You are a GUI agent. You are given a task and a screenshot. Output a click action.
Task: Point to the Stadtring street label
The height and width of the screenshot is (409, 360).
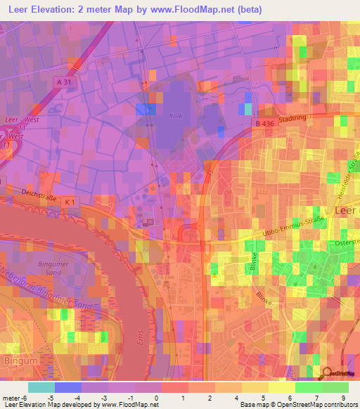[x=294, y=119]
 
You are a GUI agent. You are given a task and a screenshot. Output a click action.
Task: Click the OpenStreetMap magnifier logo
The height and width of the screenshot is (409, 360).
[x=326, y=374]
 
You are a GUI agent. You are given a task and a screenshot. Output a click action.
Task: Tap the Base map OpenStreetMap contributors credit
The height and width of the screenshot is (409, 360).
[x=297, y=405]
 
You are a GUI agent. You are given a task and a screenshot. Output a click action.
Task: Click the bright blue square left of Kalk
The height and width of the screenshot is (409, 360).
[x=146, y=109]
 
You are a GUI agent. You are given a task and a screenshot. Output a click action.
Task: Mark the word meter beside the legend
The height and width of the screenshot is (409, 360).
[x=12, y=398]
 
